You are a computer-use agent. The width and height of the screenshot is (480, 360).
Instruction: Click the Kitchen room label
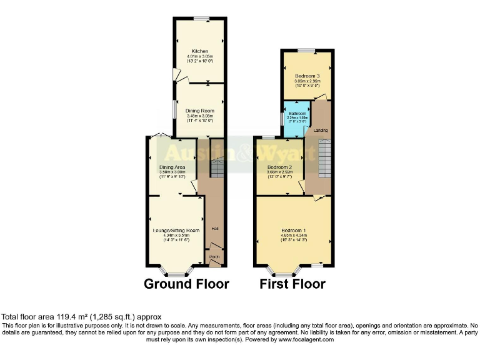click(x=199, y=51)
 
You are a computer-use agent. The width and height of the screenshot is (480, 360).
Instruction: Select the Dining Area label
click(x=172, y=167)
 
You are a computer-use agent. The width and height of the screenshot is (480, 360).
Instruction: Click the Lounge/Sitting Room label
click(x=176, y=230)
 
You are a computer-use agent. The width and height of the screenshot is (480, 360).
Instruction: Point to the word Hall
click(x=215, y=228)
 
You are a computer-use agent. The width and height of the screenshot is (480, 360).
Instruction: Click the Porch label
click(x=214, y=256)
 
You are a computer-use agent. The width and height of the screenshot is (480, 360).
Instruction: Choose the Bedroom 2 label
click(x=279, y=167)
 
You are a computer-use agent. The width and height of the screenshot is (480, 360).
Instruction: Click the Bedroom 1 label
click(x=293, y=230)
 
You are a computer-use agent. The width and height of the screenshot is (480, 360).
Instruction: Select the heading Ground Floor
click(x=186, y=284)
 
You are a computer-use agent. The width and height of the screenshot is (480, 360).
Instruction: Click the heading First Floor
click(x=292, y=284)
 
